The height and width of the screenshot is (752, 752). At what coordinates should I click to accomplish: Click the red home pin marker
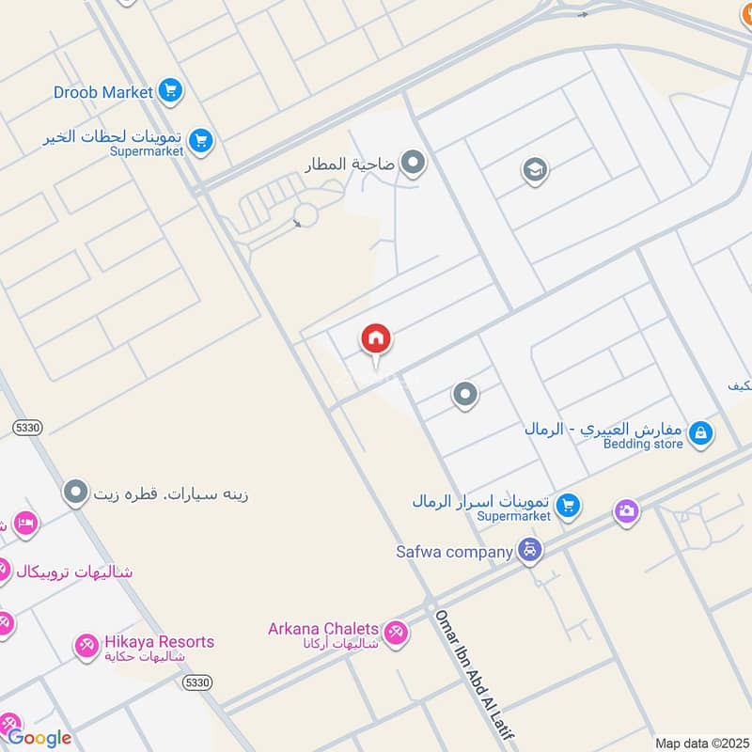coord(376,339)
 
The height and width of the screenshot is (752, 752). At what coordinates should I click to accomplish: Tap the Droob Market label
coord(103,92)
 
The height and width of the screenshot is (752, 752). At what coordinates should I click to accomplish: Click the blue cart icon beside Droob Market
coord(170,91)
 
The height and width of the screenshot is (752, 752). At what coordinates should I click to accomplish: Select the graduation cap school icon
coord(535,171)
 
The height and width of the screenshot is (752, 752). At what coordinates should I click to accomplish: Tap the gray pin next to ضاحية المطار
coord(413,164)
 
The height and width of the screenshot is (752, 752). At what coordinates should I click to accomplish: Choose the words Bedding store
coord(643,444)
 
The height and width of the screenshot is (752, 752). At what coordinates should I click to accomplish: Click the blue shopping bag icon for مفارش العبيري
coord(700,433)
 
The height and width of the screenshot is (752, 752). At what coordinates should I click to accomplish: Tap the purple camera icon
coord(627,511)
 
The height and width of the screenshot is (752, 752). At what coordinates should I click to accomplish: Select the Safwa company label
coord(454,552)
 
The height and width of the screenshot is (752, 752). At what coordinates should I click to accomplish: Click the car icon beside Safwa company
coord(530,551)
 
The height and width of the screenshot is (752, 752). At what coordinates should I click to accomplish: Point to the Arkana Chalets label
coord(323,628)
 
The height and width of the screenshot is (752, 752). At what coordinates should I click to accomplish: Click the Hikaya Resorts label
coord(159,642)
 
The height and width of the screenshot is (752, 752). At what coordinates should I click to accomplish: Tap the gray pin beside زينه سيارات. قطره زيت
coord(76,492)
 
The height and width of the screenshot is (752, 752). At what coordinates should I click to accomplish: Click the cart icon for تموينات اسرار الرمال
coord(567,506)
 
